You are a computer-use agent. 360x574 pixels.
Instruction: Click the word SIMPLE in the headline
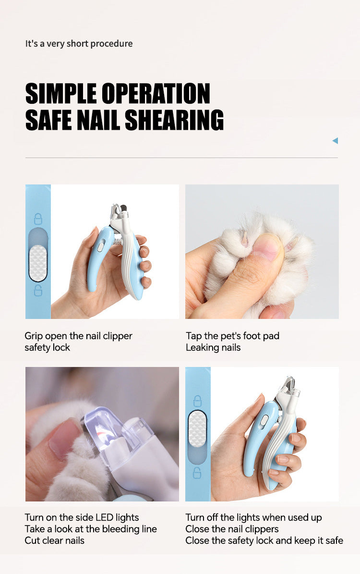61,93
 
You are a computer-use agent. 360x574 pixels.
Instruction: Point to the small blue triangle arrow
335,141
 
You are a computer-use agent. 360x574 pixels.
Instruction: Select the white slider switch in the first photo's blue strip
38,263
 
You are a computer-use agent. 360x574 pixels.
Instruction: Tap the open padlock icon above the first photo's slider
38,219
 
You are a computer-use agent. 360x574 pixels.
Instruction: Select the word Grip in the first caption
34,336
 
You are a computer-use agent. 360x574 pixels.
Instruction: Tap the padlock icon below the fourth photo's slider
197,473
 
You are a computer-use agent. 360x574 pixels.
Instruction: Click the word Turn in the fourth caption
195,517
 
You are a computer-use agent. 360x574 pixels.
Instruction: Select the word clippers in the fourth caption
262,529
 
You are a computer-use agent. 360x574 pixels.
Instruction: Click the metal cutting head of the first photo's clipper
118,214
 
